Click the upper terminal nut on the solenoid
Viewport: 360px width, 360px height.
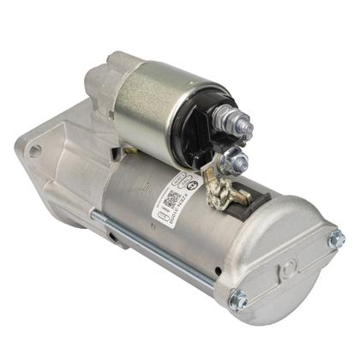[241, 128]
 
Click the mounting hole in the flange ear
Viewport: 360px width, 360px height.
[35, 150]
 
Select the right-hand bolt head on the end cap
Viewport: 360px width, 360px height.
[335, 241]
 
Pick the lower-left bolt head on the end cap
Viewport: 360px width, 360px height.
[237, 300]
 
